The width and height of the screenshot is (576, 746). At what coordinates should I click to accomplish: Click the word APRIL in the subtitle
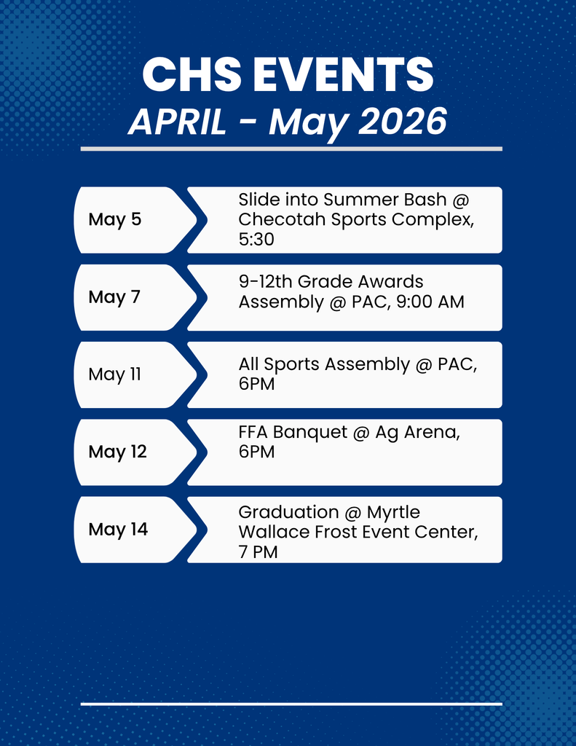click(177, 123)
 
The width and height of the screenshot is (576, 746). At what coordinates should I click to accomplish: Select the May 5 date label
click(115, 219)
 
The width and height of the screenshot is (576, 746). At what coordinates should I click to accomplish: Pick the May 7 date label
click(114, 297)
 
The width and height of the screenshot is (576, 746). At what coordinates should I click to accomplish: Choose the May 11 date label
click(114, 374)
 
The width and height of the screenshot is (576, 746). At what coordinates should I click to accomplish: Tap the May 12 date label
click(117, 452)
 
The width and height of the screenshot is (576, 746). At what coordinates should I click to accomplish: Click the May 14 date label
click(118, 530)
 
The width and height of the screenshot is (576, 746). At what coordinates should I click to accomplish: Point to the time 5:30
click(256, 239)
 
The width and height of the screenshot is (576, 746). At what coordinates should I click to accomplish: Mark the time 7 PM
click(258, 552)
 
